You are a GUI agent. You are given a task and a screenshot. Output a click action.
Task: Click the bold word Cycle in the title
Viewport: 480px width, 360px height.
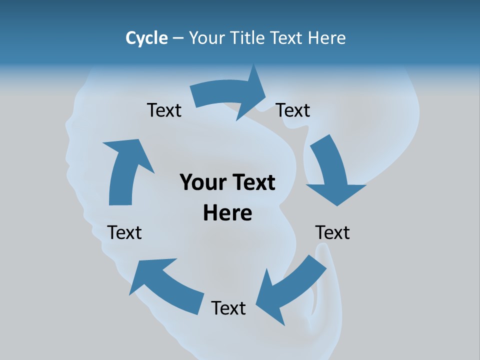[x=146, y=38]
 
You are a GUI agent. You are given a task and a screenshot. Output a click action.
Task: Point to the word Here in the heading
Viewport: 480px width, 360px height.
[x=327, y=38]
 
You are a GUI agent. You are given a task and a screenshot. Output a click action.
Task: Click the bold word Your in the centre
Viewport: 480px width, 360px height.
[x=203, y=182]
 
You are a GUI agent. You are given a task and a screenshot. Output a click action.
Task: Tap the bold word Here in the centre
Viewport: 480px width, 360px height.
[x=227, y=213]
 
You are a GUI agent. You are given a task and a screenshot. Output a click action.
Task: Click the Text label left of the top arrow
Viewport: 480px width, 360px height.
[x=164, y=110]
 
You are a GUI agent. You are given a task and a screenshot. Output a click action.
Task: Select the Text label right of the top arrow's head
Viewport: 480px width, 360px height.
[x=293, y=110]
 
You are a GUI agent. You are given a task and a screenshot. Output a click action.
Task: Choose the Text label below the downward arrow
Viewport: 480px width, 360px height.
[x=332, y=232]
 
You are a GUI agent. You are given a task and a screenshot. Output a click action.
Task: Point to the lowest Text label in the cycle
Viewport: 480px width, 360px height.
[x=228, y=308]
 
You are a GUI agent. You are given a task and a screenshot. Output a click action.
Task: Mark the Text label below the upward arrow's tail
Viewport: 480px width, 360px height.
[x=124, y=232]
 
